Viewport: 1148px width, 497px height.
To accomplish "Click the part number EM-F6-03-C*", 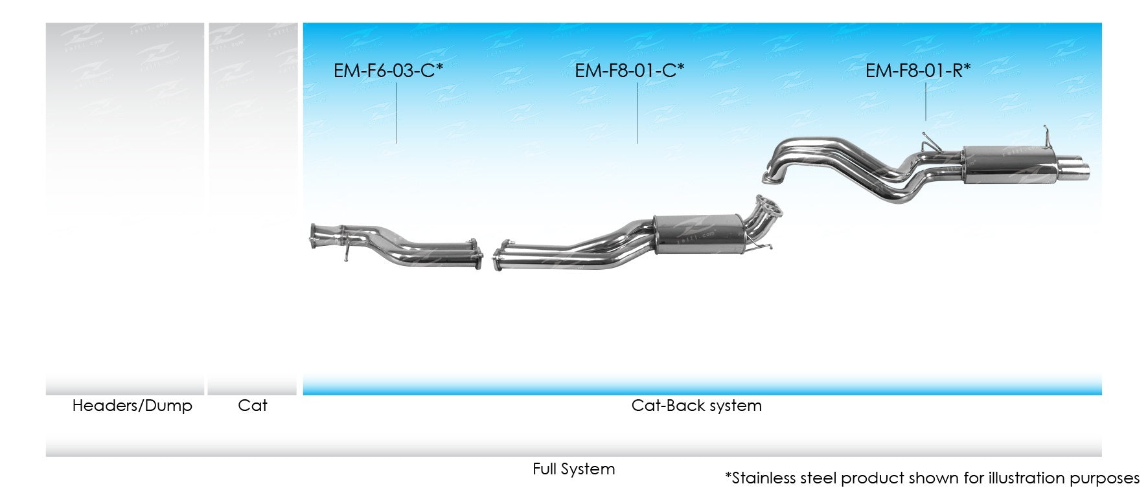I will (x=387, y=71).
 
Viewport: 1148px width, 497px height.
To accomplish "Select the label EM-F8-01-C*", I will (x=629, y=71).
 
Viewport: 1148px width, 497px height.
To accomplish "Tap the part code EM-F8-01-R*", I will (x=917, y=71).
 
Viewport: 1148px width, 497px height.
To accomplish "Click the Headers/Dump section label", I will (x=132, y=406).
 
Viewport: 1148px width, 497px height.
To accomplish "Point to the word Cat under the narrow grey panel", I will (x=252, y=406).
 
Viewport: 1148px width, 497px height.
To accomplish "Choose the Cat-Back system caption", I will (x=696, y=406).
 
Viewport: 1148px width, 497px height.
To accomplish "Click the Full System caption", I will (x=573, y=469).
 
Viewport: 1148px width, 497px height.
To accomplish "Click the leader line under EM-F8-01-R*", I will (x=925, y=102).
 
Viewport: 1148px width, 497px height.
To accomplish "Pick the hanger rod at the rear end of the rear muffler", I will (x=1044, y=137).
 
